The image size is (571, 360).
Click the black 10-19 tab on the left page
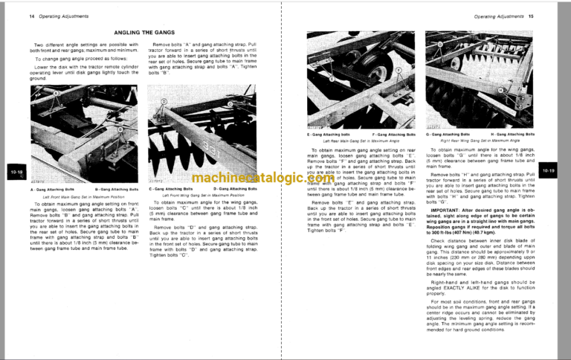15,173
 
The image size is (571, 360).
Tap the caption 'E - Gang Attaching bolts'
329,135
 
